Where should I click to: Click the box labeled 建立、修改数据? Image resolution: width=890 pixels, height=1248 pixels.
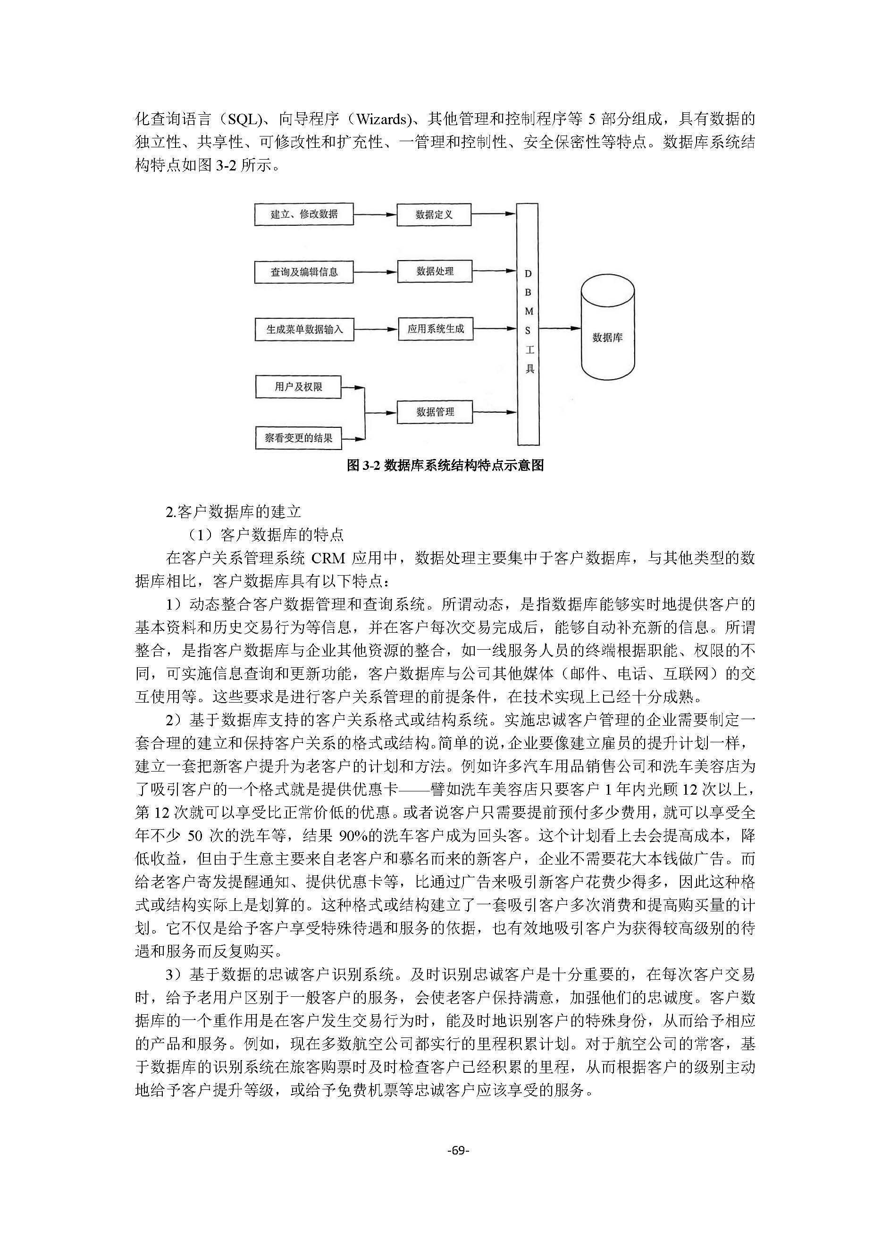(303, 214)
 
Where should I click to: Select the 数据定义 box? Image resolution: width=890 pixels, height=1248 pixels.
(434, 214)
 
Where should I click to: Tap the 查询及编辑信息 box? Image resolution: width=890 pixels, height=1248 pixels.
(303, 272)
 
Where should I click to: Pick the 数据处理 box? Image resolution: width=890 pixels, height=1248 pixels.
(435, 271)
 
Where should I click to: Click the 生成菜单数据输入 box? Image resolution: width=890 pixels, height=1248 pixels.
(304, 329)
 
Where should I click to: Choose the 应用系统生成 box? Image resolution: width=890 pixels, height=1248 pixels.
(435, 329)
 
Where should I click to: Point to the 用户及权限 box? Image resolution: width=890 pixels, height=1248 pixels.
(298, 387)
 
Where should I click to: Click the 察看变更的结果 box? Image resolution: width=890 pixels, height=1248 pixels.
(298, 438)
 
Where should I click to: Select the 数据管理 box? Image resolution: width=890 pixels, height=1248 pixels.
(435, 411)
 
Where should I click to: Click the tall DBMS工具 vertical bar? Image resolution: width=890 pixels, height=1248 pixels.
(528, 323)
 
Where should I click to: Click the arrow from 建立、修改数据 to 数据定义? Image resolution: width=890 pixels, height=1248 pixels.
(375, 214)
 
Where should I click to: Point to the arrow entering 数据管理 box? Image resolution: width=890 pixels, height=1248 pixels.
(381, 412)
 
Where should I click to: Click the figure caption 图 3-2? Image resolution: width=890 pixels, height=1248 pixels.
(445, 465)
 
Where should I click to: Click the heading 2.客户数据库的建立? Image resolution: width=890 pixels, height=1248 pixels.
(234, 511)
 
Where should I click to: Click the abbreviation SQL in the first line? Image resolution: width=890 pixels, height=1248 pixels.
(242, 119)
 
